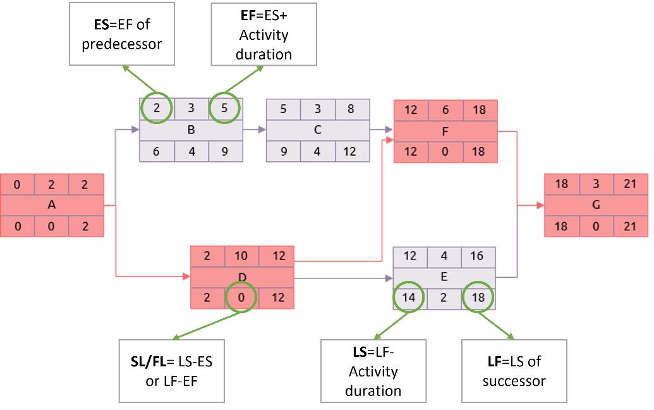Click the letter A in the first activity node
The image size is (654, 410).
coord(51,205)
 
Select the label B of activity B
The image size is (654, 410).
coord(191,130)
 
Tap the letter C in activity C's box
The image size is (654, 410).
coord(317,130)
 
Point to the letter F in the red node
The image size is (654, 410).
coord(445,131)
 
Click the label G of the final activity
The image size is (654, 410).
coord(596,205)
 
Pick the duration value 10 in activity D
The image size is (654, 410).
coord(242,256)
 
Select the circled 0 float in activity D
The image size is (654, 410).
coord(242,298)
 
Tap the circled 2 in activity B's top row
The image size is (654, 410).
coord(156,109)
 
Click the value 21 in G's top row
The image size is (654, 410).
coord(631,184)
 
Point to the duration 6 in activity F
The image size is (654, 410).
coord(445,110)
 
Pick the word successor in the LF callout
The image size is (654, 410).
coord(514,382)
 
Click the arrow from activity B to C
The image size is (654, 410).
coord(254,130)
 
